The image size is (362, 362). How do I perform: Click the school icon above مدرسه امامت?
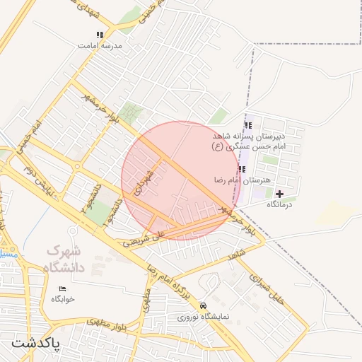point(100,34)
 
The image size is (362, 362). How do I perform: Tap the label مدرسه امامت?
point(103,45)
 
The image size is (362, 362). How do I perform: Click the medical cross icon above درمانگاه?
point(280,194)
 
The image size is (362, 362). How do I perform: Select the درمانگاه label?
point(280,204)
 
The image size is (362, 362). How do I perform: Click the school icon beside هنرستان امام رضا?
point(243,170)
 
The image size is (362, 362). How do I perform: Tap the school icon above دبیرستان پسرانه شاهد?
point(248,125)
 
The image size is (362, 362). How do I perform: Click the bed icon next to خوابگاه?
point(63,288)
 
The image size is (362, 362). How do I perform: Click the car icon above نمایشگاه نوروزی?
point(204,306)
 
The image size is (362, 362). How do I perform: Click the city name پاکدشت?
point(36,344)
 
